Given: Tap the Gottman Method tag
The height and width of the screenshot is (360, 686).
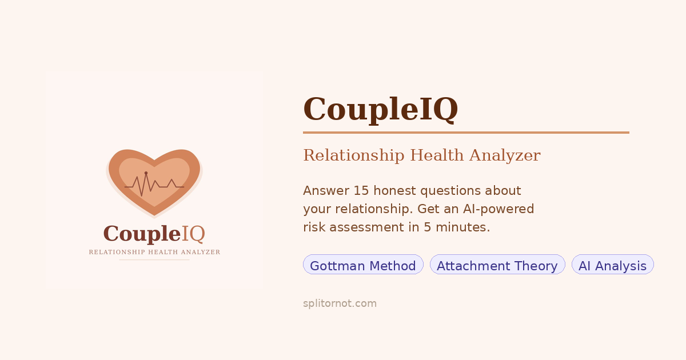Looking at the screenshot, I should pyautogui.click(x=363, y=265).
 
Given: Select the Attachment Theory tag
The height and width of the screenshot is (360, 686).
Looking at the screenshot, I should pyautogui.click(x=497, y=265).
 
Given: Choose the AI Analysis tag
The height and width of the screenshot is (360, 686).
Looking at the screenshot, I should pyautogui.click(x=612, y=265).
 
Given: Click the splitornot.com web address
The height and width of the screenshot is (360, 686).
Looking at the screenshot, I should pyautogui.click(x=340, y=303).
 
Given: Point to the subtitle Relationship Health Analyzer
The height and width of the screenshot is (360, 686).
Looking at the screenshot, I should pyautogui.click(x=421, y=155).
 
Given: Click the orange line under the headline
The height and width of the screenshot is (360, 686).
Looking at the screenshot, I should pyautogui.click(x=466, y=133).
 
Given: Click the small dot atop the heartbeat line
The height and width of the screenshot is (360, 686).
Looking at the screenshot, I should pyautogui.click(x=146, y=173).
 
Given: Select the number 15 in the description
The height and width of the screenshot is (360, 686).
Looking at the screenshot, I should pyautogui.click(x=361, y=190).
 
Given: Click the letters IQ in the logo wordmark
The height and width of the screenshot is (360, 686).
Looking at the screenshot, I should pyautogui.click(x=193, y=234).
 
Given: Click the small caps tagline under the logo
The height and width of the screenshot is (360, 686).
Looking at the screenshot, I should pyautogui.click(x=154, y=252).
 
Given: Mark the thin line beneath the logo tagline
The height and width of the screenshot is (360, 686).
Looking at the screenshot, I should pyautogui.click(x=154, y=260).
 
